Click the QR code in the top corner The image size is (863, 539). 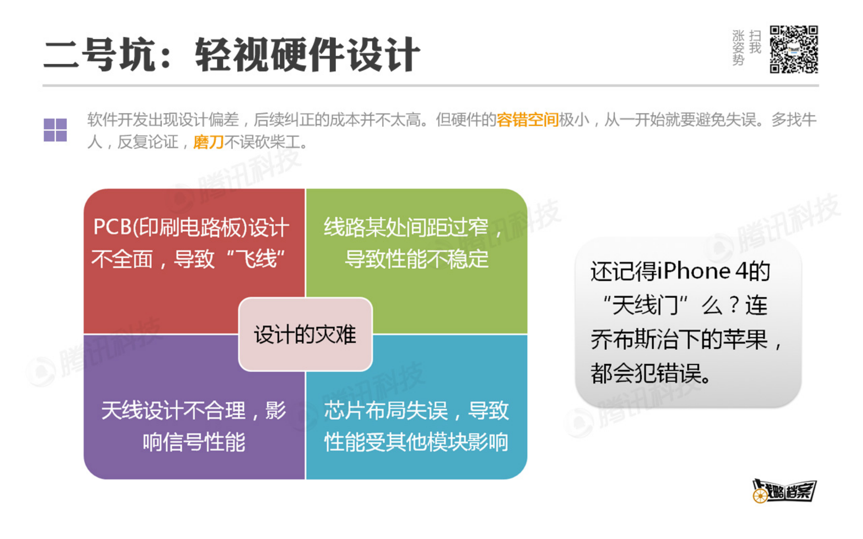[x=793, y=49]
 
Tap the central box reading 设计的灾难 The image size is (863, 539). [x=305, y=334]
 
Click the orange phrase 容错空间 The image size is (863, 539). [x=527, y=120]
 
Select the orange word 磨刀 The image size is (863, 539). [x=208, y=142]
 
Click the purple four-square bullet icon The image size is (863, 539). [x=55, y=130]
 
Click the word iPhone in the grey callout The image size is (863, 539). [x=694, y=271]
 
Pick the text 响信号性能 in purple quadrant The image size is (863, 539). [x=194, y=442]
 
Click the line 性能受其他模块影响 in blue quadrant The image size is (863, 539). [x=416, y=442]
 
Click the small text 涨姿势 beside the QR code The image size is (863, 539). [x=738, y=48]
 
